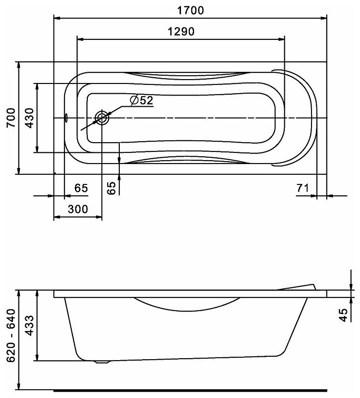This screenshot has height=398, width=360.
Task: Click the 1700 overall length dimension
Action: click(x=190, y=10)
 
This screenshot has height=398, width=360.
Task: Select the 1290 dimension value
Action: click(x=180, y=32)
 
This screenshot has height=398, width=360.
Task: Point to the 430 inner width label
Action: click(x=29, y=118)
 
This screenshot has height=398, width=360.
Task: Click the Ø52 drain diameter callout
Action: click(x=141, y=100)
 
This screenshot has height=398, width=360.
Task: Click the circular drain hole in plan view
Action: click(x=102, y=117)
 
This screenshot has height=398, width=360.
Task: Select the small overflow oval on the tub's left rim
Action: click(x=66, y=118)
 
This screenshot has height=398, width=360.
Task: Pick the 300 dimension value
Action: click(x=78, y=209)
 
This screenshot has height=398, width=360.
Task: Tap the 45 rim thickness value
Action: click(x=344, y=315)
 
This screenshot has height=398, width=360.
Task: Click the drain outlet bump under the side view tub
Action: click(x=100, y=361)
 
